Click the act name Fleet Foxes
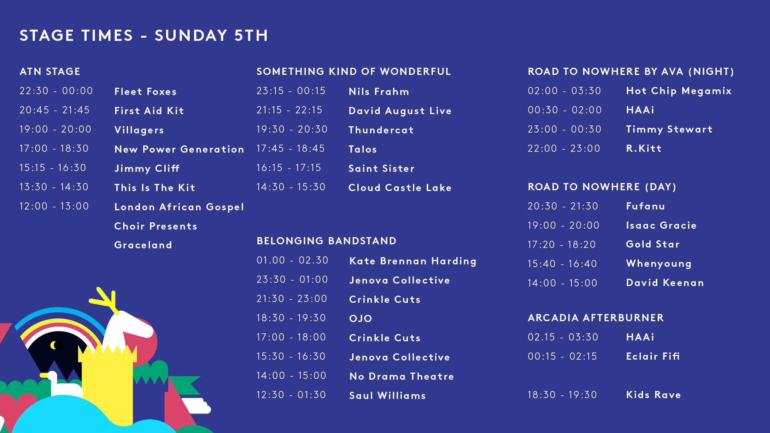(x=145, y=91)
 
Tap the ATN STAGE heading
(x=50, y=71)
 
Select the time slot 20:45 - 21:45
(x=55, y=110)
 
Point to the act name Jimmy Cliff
(x=147, y=169)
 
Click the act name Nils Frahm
(x=379, y=91)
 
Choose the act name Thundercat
(x=381, y=130)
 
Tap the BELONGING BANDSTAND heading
(x=326, y=241)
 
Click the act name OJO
(x=361, y=318)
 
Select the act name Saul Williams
(x=387, y=395)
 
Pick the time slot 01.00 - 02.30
(x=292, y=260)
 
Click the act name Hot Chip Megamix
(x=679, y=91)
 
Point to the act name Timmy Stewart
(x=669, y=129)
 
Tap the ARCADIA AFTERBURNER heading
(x=596, y=318)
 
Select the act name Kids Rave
(x=653, y=395)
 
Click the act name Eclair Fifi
(x=652, y=356)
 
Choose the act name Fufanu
(x=645, y=206)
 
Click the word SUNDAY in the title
(x=191, y=35)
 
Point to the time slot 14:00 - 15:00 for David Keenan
(x=562, y=283)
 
